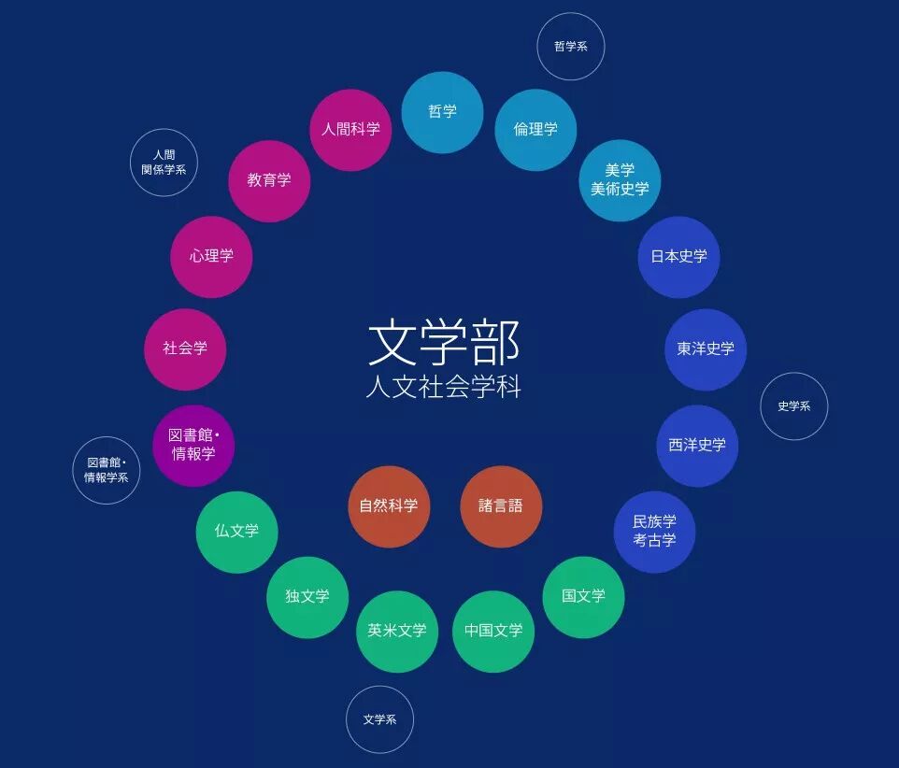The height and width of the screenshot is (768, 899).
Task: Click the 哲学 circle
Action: [x=442, y=112]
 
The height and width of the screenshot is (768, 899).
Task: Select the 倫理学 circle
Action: [x=535, y=130]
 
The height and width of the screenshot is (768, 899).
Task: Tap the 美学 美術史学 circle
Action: [x=620, y=180]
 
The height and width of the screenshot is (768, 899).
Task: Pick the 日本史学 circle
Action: [x=678, y=257]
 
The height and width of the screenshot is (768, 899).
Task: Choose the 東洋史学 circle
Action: [x=706, y=349]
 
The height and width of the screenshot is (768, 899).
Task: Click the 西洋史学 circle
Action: [x=697, y=446]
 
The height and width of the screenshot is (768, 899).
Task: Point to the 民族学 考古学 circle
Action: [x=654, y=532]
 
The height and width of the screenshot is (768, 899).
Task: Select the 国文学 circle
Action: [x=583, y=597]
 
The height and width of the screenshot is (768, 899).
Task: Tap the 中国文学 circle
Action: [x=493, y=631]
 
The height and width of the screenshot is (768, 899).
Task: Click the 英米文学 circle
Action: [x=397, y=631]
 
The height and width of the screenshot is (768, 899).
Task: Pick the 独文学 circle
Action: [x=307, y=597]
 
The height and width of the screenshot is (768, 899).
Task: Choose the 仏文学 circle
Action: [x=236, y=532]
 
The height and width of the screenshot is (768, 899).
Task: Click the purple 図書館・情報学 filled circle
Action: [x=193, y=446]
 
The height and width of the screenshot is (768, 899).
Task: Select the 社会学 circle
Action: [x=185, y=349]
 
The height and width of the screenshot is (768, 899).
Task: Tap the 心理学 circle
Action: [x=211, y=257]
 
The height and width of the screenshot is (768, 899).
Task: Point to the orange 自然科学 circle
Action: [x=389, y=506]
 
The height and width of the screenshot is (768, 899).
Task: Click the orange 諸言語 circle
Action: [x=501, y=506]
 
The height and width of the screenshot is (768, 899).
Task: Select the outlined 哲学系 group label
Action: [x=570, y=47]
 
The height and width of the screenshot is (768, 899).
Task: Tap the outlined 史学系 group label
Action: [x=793, y=406]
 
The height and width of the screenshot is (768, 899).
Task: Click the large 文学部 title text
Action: [x=443, y=343]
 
